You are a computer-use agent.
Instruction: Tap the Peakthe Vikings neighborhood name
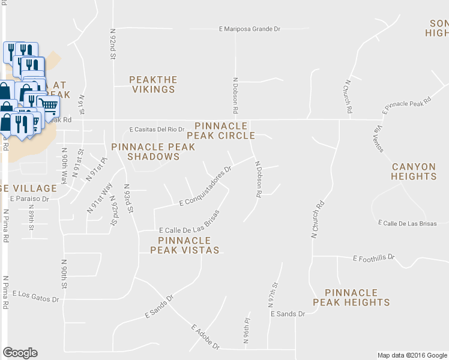153,85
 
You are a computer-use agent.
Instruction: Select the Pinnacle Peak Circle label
221,131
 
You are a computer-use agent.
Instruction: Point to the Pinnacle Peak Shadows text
153,152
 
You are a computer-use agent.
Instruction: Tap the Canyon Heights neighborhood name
414,172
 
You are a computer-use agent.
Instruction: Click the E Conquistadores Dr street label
206,187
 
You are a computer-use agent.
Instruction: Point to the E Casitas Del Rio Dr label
157,129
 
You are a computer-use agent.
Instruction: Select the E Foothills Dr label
373,258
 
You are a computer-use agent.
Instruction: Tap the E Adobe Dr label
206,338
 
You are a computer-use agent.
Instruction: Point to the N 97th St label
276,295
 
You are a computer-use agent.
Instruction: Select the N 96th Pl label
246,330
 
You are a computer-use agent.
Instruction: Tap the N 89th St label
32,217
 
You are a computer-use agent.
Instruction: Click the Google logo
20,353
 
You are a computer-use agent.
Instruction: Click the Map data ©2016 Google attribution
411,355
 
